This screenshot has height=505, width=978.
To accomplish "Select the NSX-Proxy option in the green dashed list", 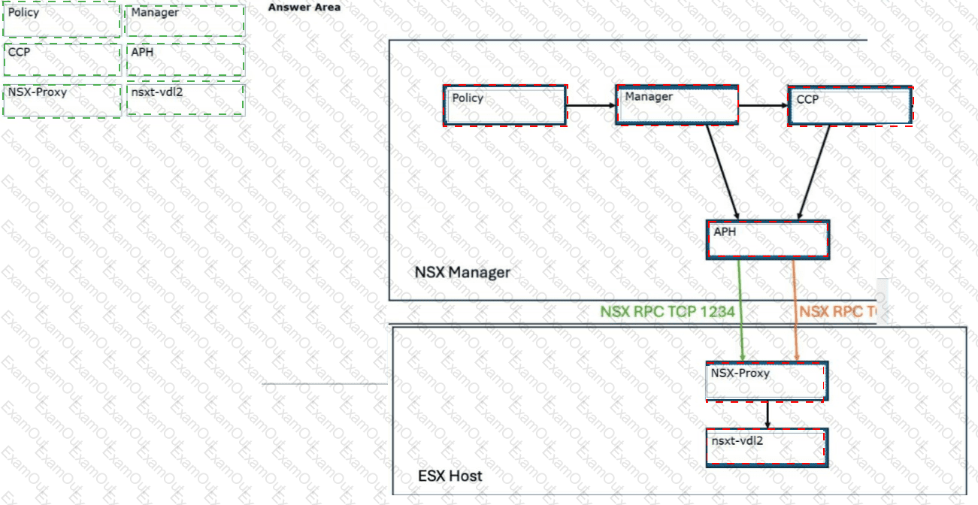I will (x=62, y=100).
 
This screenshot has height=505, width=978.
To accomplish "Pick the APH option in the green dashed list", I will (x=184, y=60).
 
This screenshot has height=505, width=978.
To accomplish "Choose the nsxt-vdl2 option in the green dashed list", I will (x=184, y=100).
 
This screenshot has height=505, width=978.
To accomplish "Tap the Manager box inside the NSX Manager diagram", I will (x=677, y=104).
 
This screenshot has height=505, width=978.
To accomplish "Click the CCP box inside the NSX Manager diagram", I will (x=849, y=105).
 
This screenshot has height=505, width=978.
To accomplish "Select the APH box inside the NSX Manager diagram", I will (x=767, y=240).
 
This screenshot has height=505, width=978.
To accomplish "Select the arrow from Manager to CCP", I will (x=763, y=105).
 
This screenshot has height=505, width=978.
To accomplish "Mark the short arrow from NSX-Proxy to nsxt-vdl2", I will (x=767, y=414).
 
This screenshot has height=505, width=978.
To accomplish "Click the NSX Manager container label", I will (x=462, y=272).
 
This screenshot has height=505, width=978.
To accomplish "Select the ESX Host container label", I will (x=450, y=476).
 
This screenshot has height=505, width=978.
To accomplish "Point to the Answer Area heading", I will (x=304, y=8).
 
